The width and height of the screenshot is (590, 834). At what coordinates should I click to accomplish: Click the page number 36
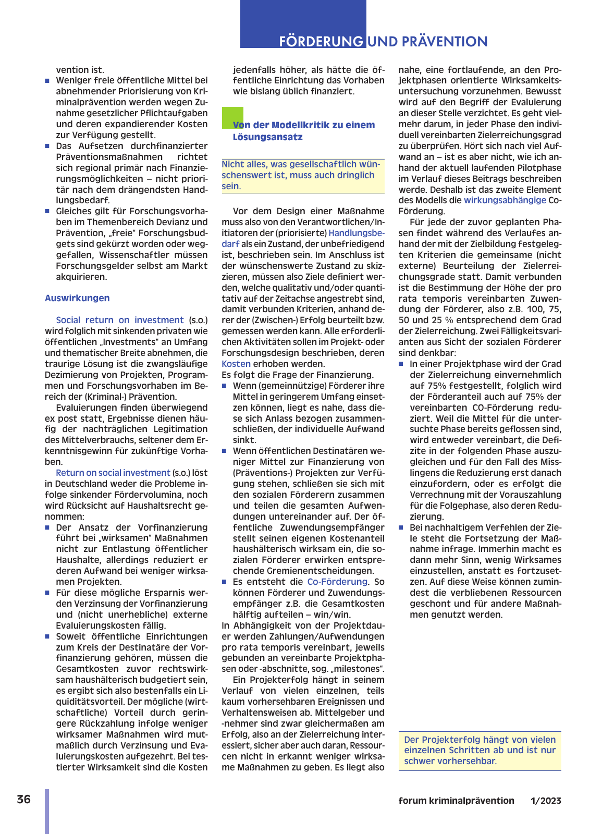23,800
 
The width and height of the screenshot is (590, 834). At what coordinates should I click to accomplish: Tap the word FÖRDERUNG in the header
321,42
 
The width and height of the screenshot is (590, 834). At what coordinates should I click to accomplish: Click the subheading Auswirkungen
77,298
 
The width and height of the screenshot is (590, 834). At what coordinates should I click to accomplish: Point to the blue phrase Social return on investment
120,320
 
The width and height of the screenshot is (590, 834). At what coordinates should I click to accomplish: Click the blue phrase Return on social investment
113,473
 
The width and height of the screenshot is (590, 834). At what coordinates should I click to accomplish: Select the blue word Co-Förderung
337,582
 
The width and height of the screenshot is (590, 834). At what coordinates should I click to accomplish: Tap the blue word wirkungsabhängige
505,200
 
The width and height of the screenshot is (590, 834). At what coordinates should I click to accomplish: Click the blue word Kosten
236,364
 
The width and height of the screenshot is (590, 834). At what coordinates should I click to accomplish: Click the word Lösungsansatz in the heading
267,137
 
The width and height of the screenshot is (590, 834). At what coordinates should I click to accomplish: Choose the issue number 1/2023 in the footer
546,801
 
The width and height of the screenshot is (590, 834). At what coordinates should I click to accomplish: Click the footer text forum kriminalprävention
456,801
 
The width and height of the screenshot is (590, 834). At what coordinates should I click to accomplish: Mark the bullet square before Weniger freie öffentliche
47,81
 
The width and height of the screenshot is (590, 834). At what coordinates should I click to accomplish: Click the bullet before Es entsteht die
225,582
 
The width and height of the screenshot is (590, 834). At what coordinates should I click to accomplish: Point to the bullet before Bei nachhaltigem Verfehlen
401,528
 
